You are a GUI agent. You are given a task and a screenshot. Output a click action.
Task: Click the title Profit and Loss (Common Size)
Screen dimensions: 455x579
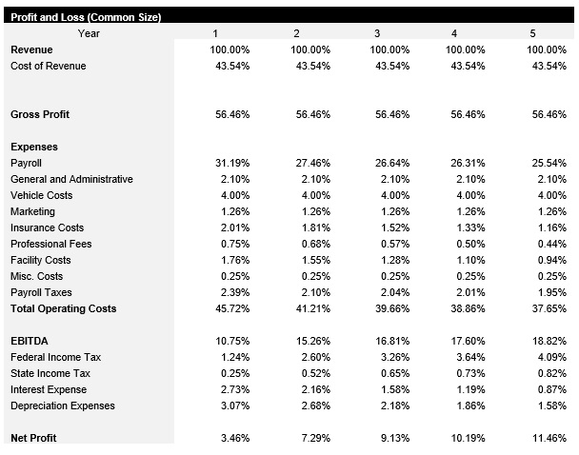[x=86, y=17]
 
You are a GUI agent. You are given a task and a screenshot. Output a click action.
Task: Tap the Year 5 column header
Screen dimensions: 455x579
[x=532, y=33]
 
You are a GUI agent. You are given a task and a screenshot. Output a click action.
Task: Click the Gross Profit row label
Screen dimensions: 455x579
[x=40, y=114]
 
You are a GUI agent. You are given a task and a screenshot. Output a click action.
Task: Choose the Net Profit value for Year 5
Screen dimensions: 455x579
[x=549, y=438]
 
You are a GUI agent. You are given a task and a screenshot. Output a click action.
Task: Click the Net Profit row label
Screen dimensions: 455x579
[x=33, y=438]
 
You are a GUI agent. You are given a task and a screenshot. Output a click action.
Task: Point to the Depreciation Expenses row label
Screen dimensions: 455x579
[x=63, y=406]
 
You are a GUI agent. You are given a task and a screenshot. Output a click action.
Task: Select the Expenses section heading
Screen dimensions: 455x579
[x=34, y=147]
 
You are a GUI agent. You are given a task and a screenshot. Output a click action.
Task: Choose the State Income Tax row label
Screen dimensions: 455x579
[x=50, y=373]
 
